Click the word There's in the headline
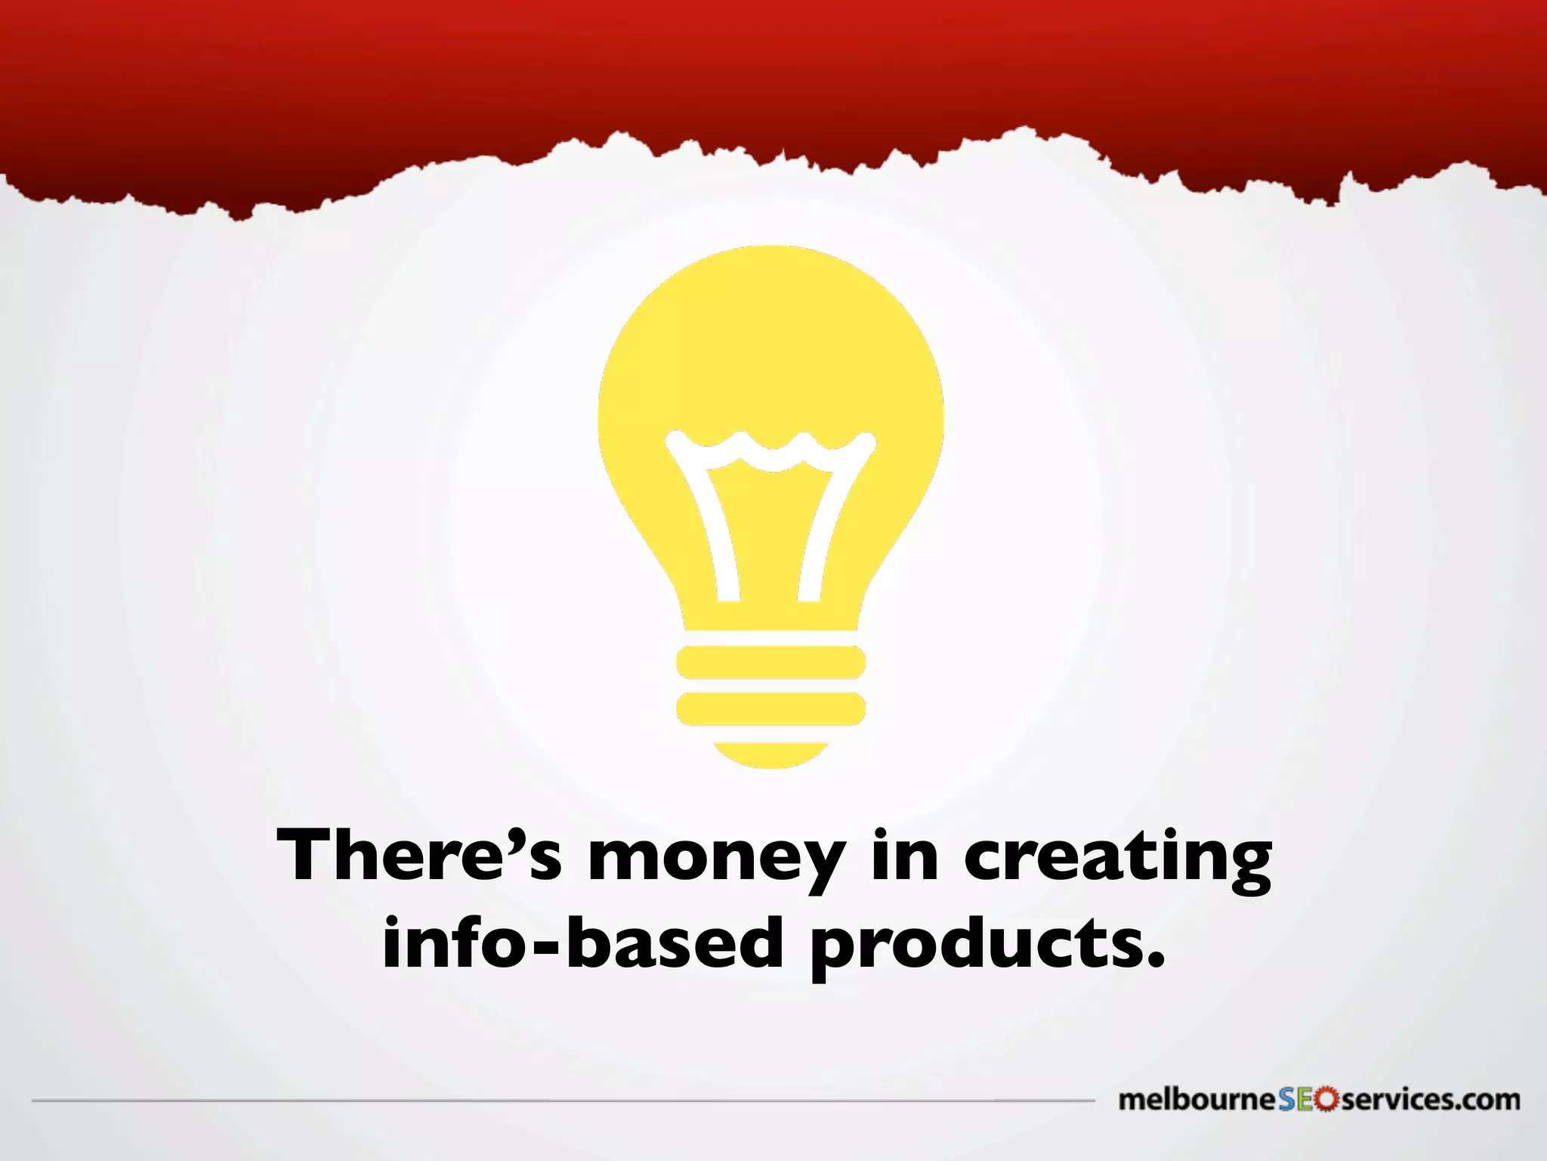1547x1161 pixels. point(418,856)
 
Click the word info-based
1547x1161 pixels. point(582,943)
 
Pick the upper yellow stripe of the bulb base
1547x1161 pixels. point(770,662)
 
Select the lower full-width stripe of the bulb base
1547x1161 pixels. point(770,708)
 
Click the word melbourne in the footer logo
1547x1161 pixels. point(1197,1100)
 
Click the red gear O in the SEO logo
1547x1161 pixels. point(1327,1100)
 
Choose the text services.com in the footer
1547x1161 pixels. point(1429,1100)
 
